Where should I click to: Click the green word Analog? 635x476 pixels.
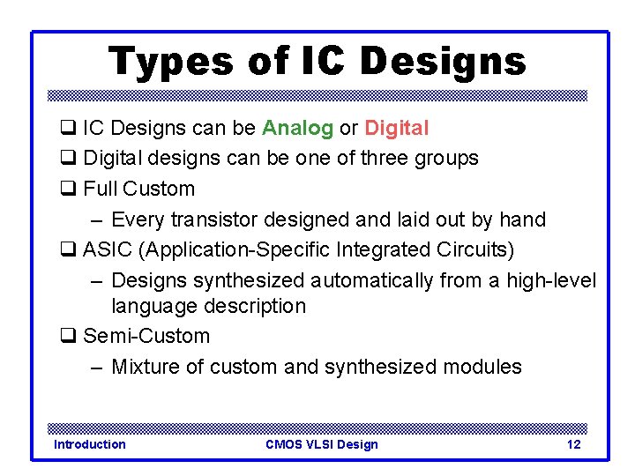pyautogui.click(x=297, y=129)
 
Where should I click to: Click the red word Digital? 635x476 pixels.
pyautogui.click(x=396, y=129)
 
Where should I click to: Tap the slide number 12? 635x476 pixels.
pyautogui.click(x=573, y=444)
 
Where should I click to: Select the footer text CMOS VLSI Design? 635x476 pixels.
pyautogui.click(x=321, y=444)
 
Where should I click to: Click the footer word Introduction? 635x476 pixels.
pyautogui.click(x=90, y=444)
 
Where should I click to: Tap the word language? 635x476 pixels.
pyautogui.click(x=154, y=307)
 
